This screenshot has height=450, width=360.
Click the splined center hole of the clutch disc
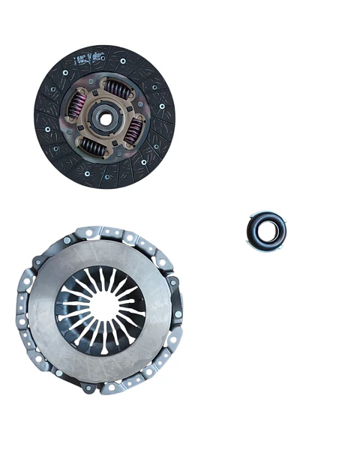tap(104, 116)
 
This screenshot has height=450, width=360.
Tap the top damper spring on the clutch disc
tap(116, 88)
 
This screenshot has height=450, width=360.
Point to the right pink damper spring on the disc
tap(132, 129)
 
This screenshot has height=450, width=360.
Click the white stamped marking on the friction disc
tap(88, 57)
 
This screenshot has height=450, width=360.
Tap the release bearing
tap(266, 230)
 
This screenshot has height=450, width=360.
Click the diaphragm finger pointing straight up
tap(100, 279)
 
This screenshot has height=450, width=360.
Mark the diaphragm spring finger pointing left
tap(71, 307)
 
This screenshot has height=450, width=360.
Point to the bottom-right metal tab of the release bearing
tap(280, 243)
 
